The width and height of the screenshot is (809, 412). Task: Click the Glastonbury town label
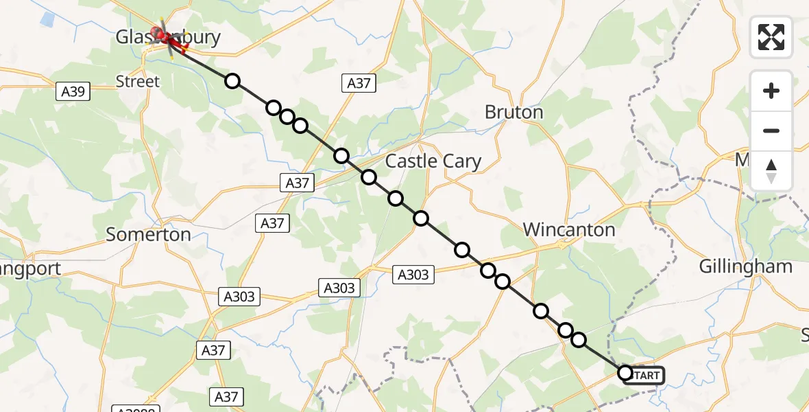click(x=168, y=37)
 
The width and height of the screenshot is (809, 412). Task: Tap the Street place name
click(x=137, y=82)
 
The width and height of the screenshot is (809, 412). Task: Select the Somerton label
click(x=148, y=234)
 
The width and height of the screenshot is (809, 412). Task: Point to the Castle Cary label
click(x=433, y=161)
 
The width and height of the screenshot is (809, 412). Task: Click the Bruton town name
click(x=514, y=112)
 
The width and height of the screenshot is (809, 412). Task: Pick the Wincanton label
click(x=569, y=229)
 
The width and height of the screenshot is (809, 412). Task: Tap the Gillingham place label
click(x=746, y=266)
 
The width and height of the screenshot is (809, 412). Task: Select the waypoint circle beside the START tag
click(x=625, y=373)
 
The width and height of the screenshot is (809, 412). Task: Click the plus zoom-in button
click(x=771, y=91)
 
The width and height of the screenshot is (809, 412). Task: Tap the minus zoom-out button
click(x=771, y=130)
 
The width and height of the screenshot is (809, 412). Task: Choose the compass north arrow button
click(x=771, y=170)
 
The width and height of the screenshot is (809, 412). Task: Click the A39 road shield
click(x=73, y=91)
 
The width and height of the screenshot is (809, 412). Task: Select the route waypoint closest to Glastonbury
click(x=232, y=81)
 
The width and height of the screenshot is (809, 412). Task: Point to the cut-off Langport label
click(x=31, y=268)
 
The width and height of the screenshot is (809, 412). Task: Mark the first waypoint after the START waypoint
click(x=579, y=340)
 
